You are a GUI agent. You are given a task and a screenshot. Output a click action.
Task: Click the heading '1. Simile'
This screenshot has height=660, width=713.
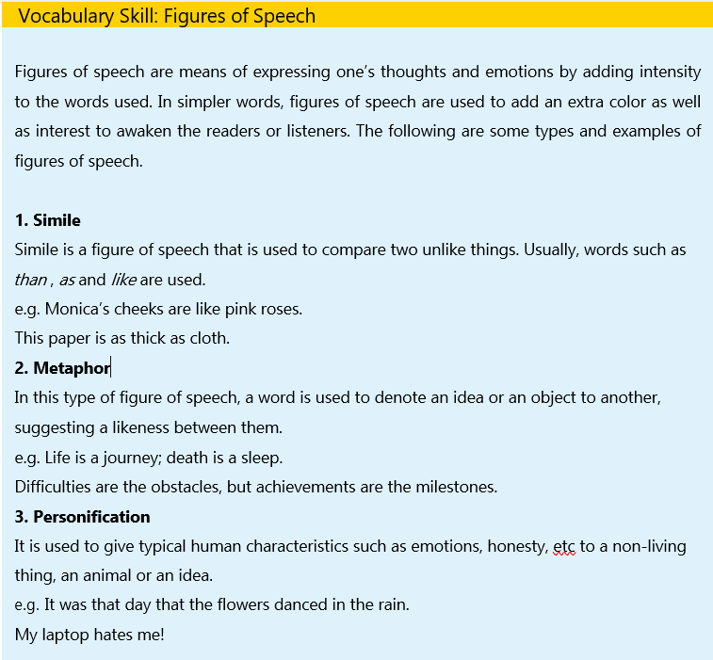pos(48,220)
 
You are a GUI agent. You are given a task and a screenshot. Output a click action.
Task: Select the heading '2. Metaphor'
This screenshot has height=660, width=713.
pos(62,368)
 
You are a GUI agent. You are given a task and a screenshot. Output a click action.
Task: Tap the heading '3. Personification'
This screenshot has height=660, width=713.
pos(82,517)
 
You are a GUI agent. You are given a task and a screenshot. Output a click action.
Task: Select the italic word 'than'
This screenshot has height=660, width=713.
pos(30,280)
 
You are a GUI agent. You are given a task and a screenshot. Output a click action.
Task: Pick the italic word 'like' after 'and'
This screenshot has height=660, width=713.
pos(123,280)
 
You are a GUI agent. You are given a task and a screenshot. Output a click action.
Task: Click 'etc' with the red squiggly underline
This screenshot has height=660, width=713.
pos(564,546)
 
